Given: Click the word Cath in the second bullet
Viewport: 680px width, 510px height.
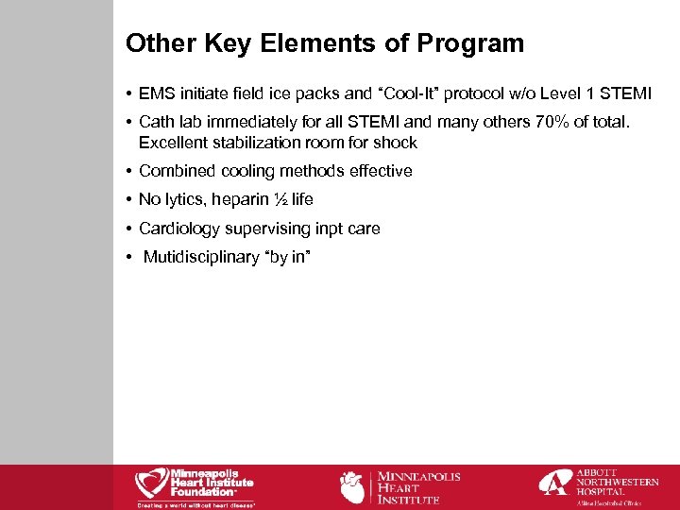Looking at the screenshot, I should coord(156,122).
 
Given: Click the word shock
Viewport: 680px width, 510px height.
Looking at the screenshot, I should coord(397,144).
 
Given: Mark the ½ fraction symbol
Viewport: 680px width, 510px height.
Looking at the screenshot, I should coord(280,199).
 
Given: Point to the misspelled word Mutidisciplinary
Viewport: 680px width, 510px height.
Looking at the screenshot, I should coord(203,257).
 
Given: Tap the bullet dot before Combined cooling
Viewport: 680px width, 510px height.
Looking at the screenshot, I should coord(127,172).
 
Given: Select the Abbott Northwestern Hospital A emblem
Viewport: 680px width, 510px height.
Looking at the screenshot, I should coord(555,483).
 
